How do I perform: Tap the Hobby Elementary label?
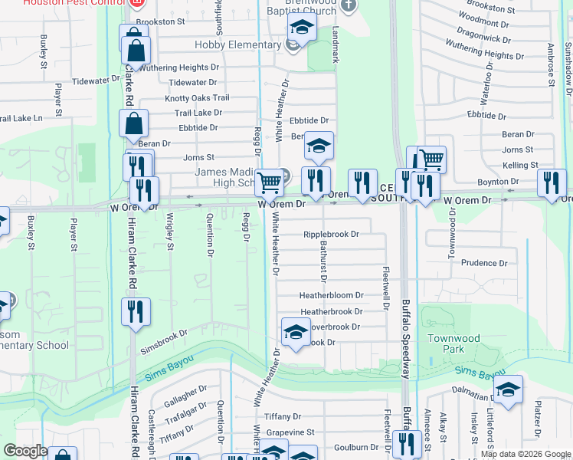[x=237, y=45]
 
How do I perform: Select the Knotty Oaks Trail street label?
[x=197, y=98]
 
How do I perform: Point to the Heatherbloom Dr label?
[x=331, y=295]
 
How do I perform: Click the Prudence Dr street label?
[x=484, y=263]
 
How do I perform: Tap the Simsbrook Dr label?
[x=163, y=337]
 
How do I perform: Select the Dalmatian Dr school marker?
[x=508, y=389]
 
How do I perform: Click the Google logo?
[x=25, y=451]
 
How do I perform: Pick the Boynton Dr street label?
[x=498, y=182]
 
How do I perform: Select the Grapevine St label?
[x=290, y=432]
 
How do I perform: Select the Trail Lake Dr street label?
[x=198, y=113]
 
